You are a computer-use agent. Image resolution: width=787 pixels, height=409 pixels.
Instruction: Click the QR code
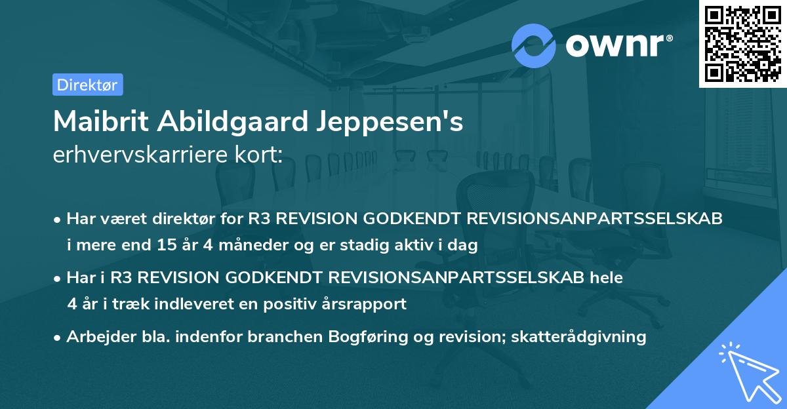742,43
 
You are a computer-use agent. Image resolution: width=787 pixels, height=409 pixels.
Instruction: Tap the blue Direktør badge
87,85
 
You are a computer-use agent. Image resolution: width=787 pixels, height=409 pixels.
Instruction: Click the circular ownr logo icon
534,45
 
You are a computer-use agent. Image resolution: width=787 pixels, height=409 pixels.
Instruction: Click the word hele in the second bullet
605,278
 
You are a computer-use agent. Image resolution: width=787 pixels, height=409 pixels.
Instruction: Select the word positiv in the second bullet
296,304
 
